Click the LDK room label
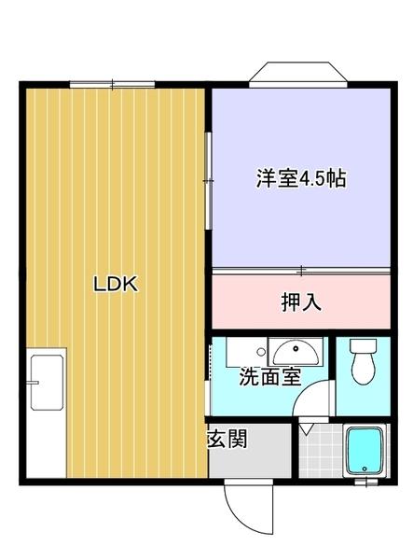(x=115, y=286)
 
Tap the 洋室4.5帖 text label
(x=300, y=178)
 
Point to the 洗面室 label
(x=269, y=377)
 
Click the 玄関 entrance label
(x=227, y=439)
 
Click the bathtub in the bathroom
(x=365, y=452)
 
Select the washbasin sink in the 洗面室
(x=295, y=352)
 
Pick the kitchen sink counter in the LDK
(x=46, y=411)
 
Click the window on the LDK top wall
(x=112, y=84)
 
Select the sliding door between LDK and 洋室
(x=209, y=177)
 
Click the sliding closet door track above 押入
(x=300, y=272)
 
